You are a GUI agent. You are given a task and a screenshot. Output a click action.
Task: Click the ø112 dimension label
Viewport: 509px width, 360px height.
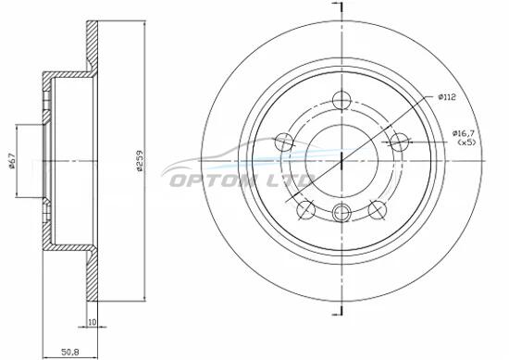[x=447, y=97]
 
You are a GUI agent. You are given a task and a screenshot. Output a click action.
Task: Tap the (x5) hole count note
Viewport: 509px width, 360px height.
[x=466, y=142]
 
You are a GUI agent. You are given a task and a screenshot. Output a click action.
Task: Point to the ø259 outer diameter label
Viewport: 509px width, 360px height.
[x=140, y=160]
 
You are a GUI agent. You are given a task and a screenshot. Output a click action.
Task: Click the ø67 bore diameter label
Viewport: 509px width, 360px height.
[x=12, y=161]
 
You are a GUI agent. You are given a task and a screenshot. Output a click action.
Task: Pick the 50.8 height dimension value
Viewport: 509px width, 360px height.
[x=70, y=352]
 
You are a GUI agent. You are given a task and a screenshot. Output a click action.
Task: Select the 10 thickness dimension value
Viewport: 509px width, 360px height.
[x=93, y=322]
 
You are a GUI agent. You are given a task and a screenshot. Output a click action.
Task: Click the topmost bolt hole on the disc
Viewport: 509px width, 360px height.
[x=341, y=99]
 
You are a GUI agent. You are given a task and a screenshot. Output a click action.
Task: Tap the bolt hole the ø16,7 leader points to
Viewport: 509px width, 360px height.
[x=399, y=142]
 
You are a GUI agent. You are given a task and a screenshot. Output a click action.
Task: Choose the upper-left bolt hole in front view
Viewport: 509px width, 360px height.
[x=284, y=142]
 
